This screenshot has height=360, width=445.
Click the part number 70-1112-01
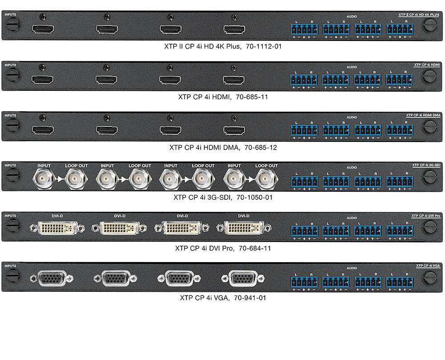pos(263,46)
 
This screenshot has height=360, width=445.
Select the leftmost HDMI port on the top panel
pos(43,30)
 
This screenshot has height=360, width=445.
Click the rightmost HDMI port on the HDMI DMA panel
pos(234,130)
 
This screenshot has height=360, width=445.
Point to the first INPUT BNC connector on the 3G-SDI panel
pos(44,180)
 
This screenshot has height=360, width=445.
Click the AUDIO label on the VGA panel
pos(352,268)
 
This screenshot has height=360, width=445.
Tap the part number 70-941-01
pos(251,298)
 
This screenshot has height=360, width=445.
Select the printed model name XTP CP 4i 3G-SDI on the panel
pos(426,165)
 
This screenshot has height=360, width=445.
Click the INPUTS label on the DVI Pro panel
pos(11,216)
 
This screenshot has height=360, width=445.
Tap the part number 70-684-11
pos(255,248)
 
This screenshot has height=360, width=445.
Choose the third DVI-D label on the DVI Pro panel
pos(182,216)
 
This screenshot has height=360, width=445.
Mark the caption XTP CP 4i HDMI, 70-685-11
pos(223,96)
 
